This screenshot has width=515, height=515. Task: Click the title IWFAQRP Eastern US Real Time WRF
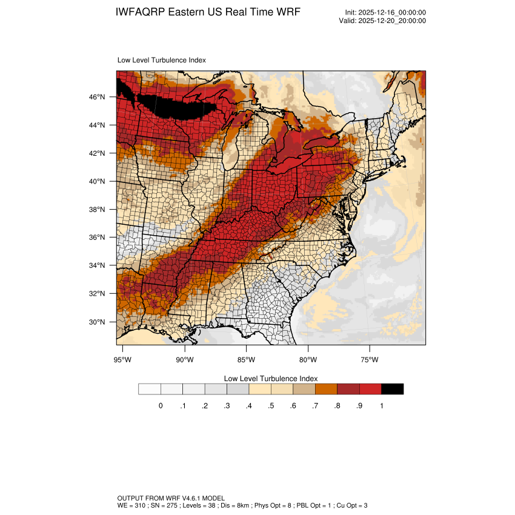point(207,13)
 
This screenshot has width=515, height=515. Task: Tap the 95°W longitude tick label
point(123,360)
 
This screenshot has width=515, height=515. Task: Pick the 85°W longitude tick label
point(247,360)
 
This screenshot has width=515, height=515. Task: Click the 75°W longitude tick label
point(370,360)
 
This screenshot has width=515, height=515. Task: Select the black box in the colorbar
point(393,389)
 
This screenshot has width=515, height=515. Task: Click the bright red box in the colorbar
point(370,389)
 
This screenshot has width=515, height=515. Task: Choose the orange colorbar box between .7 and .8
point(326,389)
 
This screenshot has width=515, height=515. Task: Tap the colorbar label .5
point(271,406)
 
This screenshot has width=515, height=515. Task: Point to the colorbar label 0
point(161,406)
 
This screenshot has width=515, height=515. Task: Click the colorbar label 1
point(382,406)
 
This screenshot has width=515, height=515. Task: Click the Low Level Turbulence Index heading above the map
point(161,60)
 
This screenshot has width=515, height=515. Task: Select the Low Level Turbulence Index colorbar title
point(270,378)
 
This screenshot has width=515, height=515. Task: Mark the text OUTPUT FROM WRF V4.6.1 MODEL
point(171,498)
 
